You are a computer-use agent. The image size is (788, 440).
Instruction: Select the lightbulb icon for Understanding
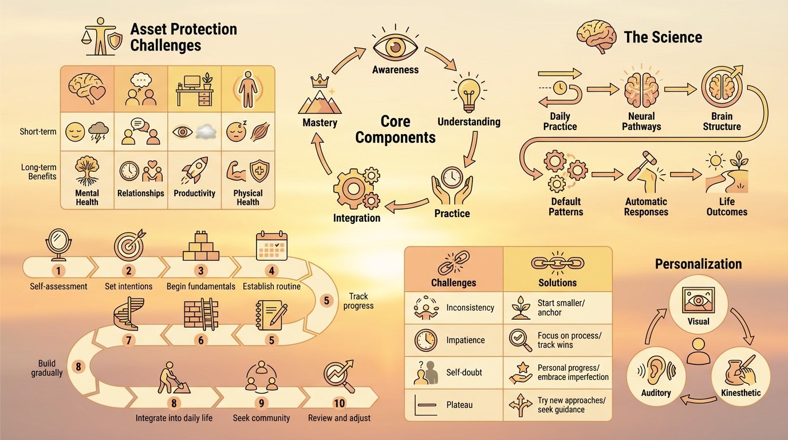click(x=468, y=95)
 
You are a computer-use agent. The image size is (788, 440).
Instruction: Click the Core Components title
click(x=396, y=129)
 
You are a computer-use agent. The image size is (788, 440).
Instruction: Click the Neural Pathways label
click(x=641, y=121)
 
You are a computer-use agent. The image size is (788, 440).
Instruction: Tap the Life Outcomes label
click(x=726, y=206)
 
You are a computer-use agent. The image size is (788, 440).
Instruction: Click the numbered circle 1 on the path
click(x=61, y=270)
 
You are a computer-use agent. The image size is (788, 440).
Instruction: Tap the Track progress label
click(x=358, y=301)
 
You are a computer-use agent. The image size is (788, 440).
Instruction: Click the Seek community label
click(x=261, y=418)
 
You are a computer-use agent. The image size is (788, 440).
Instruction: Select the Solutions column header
click(x=557, y=282)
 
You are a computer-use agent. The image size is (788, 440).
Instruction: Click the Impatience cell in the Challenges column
click(x=465, y=340)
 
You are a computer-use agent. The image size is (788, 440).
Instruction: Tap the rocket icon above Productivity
click(x=194, y=170)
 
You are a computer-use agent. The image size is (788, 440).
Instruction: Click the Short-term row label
click(x=37, y=132)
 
